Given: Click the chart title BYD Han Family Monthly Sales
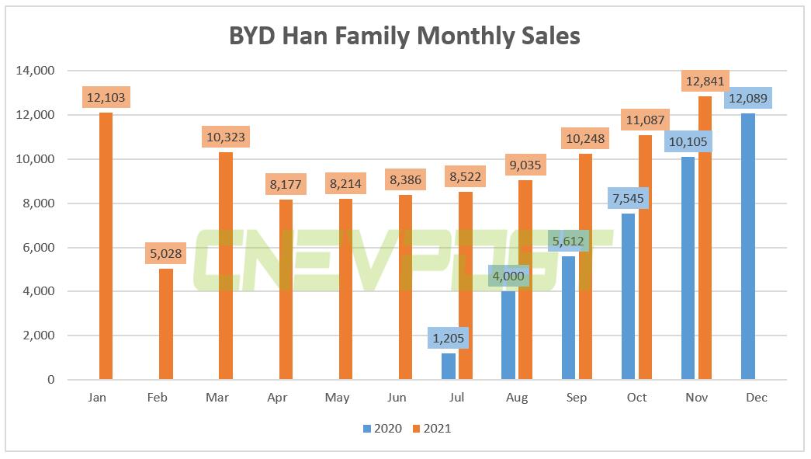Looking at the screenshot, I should (x=404, y=36).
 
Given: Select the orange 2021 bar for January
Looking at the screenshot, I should (x=106, y=246).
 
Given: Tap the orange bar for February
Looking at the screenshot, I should (x=165, y=325).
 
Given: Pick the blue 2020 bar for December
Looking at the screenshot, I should (x=747, y=246).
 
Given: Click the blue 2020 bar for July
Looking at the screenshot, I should (x=449, y=367).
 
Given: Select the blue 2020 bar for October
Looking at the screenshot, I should (x=628, y=297).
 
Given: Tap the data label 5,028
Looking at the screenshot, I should (x=165, y=253).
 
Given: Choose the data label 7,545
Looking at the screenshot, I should (x=628, y=198).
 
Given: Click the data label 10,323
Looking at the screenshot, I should (x=225, y=137).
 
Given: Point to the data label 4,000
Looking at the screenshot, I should (x=508, y=276).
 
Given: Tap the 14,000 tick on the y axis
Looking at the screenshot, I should (x=36, y=71).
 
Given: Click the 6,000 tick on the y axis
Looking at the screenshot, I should (x=39, y=248).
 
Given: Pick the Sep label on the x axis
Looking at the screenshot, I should (x=577, y=398).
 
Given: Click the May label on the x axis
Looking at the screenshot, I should (x=337, y=398).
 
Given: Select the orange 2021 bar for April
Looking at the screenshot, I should (x=285, y=290).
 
